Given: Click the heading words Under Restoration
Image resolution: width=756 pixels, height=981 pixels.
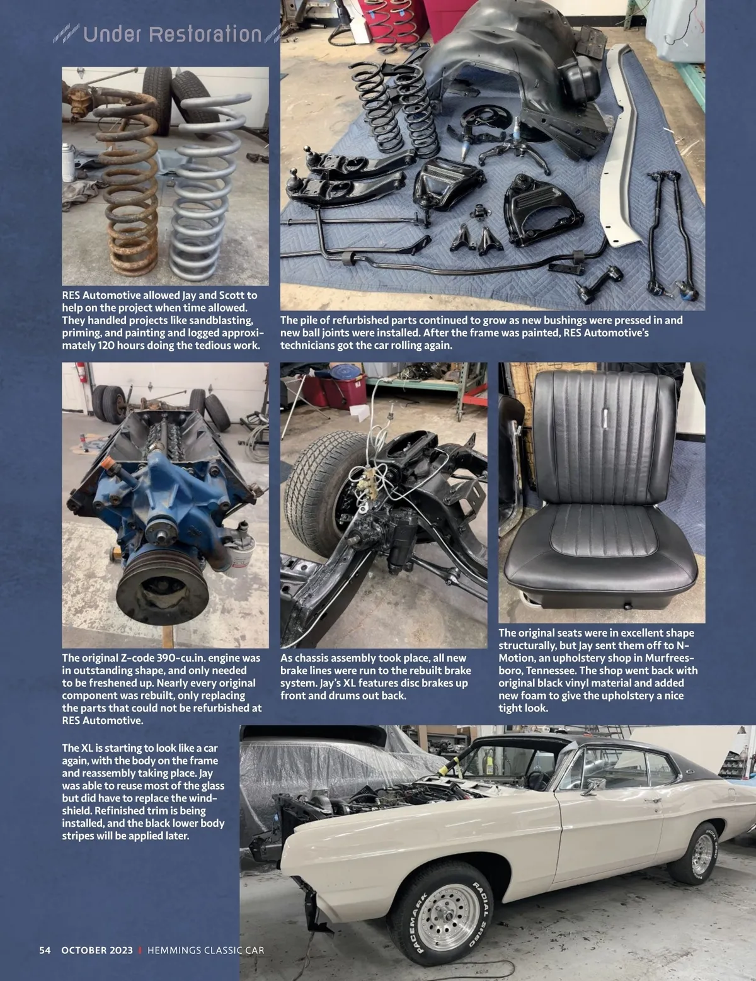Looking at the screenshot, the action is pos(172,34).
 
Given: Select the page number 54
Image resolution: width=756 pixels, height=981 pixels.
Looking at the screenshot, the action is pos(45,950).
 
